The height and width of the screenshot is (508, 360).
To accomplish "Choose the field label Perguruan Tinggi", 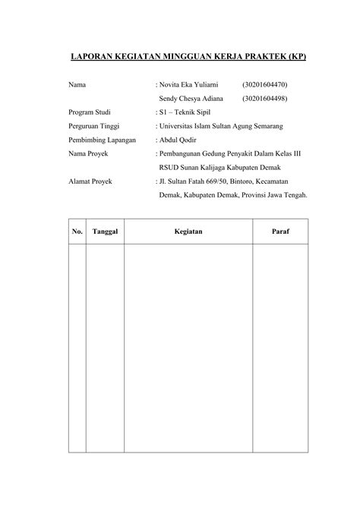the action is [93, 125].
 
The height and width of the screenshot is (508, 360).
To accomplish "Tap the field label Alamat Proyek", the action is [88, 181].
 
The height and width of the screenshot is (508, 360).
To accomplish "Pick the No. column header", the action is [77, 230].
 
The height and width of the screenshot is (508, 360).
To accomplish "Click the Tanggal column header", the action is [105, 230].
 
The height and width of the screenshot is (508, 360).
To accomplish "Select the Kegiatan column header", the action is [188, 230].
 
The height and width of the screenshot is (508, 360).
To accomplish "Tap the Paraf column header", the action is [280, 230].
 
